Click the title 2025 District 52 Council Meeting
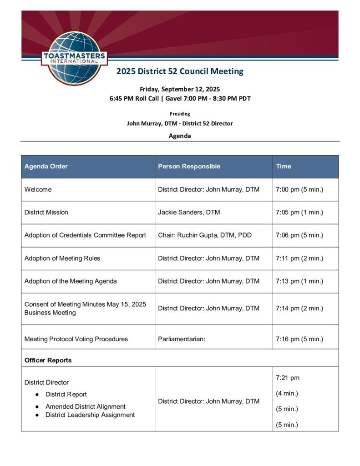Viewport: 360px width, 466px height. coord(180,71)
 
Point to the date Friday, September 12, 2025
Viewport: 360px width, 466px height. coord(180,89)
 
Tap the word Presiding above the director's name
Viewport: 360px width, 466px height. coord(180,114)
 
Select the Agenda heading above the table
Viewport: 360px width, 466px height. coord(180,136)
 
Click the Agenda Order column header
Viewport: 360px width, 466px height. coord(46,167)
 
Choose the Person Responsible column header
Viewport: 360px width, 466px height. coord(189,167)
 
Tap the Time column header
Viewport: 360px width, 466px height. coord(283,167)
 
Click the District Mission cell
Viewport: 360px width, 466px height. coord(46,213)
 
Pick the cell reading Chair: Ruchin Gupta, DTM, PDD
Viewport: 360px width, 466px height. coord(204,235)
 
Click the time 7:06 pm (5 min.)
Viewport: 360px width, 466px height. coord(299,235)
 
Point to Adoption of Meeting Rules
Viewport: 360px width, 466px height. coord(62,258)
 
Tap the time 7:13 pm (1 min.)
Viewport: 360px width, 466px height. coord(299,281)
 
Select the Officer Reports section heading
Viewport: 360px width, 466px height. coord(48,360)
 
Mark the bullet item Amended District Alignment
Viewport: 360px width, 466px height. coord(85,406)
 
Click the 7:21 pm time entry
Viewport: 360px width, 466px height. coord(288,378)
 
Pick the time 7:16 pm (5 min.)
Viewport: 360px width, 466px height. coord(299,339)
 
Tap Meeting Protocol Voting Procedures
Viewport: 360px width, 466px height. coord(76,339)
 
